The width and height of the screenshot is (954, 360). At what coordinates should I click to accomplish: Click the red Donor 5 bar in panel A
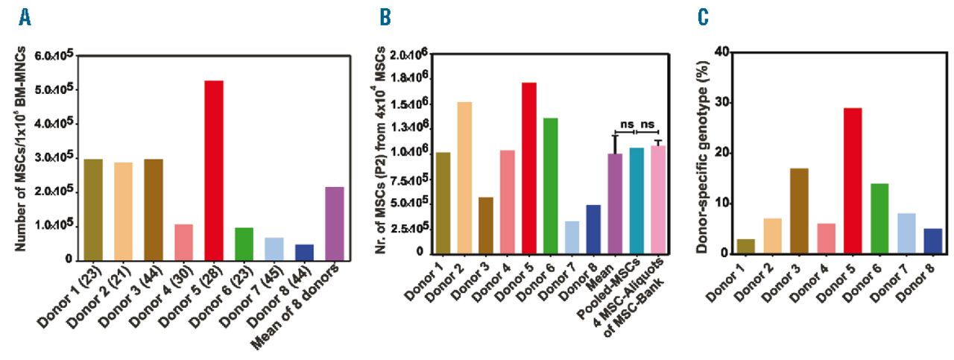[214, 170]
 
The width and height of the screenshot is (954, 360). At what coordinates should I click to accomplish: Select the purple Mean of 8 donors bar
[335, 224]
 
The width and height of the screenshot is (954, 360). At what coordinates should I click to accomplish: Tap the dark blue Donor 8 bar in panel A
[304, 252]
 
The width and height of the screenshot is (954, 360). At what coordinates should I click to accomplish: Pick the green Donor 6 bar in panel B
[550, 186]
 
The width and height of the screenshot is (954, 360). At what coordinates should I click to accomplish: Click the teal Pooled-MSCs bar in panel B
[636, 200]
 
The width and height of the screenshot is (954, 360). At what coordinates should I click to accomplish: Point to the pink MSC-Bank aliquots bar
[658, 200]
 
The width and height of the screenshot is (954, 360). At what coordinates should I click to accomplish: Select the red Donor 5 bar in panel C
[853, 181]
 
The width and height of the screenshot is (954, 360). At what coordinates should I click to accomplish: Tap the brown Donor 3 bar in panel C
[799, 212]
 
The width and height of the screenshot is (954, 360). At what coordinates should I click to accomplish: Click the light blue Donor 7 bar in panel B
[572, 237]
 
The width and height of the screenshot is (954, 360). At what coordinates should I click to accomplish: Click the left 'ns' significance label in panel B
[627, 124]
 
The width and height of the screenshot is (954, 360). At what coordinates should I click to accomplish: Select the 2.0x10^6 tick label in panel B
[409, 54]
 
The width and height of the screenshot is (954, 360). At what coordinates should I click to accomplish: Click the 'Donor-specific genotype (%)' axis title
[703, 157]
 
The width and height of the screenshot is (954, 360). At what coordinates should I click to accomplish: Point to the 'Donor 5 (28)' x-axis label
[190, 297]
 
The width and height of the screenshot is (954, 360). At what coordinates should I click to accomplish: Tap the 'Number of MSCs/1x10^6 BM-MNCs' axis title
[20, 148]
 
